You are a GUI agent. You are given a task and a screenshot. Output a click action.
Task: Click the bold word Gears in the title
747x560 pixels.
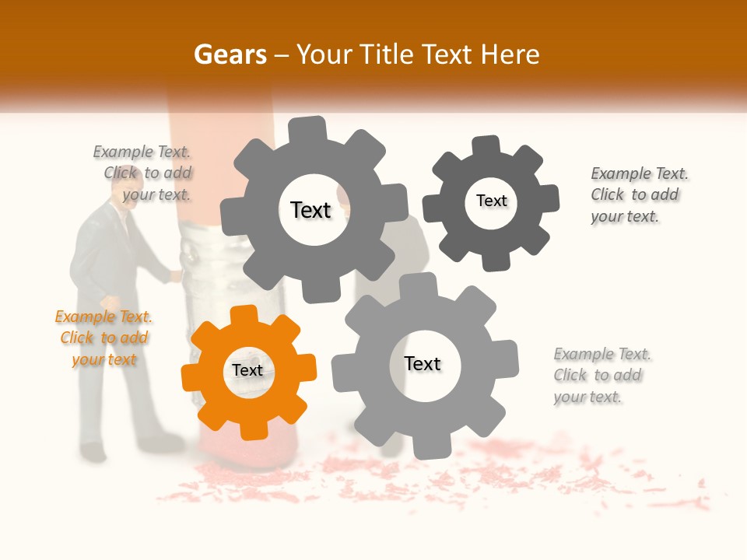pyautogui.click(x=230, y=54)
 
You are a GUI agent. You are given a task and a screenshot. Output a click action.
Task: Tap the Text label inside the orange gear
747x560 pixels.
pyautogui.click(x=247, y=371)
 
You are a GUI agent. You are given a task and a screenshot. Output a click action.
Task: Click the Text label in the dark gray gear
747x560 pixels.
pyautogui.click(x=491, y=201)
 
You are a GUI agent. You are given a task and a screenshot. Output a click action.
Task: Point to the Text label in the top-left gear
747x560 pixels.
pyautogui.click(x=310, y=210)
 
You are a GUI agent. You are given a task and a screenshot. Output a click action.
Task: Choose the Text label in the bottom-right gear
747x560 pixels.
pyautogui.click(x=423, y=364)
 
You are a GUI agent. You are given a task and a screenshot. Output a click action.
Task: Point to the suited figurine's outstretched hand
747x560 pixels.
pyautogui.click(x=176, y=274)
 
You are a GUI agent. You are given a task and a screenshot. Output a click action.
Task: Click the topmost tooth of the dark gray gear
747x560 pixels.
pyautogui.click(x=486, y=145)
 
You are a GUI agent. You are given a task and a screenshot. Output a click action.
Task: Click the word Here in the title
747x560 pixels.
pyautogui.click(x=510, y=54)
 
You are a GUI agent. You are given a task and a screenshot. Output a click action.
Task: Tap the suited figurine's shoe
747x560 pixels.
pyautogui.click(x=93, y=451)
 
